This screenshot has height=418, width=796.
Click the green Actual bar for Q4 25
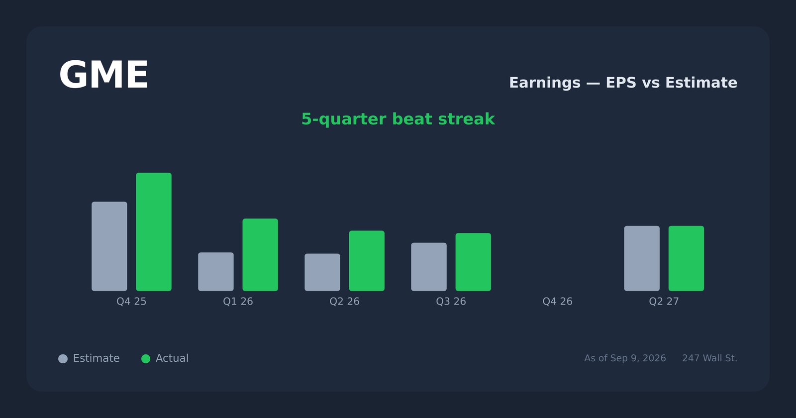[x=154, y=232]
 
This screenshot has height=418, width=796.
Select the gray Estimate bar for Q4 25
[x=109, y=246]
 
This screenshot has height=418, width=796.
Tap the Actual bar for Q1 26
[x=260, y=255]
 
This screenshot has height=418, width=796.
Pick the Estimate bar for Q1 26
[x=216, y=272]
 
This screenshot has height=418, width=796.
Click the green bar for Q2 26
[x=367, y=261]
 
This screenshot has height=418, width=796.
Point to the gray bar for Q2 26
[x=322, y=272]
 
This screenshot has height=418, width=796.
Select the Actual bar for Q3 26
[x=473, y=262]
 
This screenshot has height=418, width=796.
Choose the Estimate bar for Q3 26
[x=429, y=267]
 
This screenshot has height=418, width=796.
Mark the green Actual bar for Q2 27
[x=686, y=258]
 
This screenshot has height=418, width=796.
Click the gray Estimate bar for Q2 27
[x=642, y=258]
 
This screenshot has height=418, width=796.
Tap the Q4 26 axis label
[x=558, y=302]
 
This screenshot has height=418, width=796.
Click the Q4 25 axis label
[x=131, y=302]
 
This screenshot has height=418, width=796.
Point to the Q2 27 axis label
[x=664, y=302]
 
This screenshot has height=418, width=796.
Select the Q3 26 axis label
[x=451, y=302]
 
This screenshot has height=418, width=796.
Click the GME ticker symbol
[x=103, y=75]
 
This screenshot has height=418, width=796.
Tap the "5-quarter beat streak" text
[x=398, y=119]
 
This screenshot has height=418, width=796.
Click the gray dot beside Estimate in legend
[x=63, y=359]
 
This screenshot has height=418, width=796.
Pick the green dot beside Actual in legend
[x=146, y=359]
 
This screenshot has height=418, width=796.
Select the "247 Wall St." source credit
[x=709, y=358]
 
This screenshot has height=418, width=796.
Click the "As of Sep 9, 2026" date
[x=625, y=358]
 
